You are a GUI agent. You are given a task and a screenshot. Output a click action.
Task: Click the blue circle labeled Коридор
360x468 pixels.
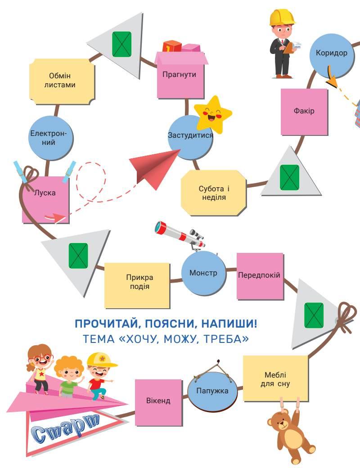(x=332, y=54)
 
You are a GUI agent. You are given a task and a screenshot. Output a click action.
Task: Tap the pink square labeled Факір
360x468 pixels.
(x=304, y=112)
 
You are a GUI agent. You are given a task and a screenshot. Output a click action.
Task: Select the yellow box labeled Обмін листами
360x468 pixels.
(x=63, y=81)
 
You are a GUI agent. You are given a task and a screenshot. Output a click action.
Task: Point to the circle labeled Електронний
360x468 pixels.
(x=51, y=138)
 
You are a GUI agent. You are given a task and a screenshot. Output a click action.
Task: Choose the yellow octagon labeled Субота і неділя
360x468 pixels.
(x=214, y=193)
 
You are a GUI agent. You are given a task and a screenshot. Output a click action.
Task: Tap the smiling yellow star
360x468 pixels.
(x=212, y=114)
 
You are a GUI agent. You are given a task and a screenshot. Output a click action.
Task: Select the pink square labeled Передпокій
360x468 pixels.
(x=260, y=276)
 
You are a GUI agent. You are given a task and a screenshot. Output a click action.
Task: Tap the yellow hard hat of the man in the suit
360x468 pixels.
(x=282, y=17)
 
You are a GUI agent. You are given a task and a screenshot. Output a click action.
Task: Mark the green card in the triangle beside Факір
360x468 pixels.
(x=289, y=177)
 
